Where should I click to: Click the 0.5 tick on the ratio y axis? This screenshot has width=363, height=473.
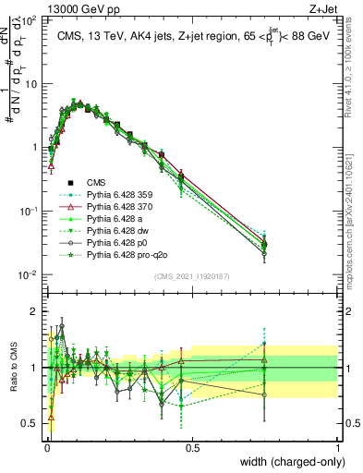pos(31,423)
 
